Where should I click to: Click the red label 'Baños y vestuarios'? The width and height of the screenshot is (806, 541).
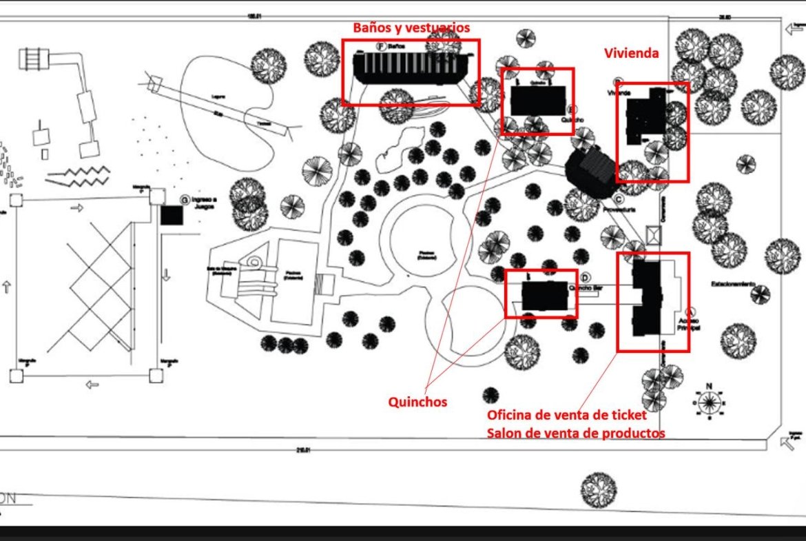point(411,28)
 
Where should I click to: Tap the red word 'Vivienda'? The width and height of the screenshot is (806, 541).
point(632,53)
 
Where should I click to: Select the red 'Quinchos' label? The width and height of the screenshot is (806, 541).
point(417,401)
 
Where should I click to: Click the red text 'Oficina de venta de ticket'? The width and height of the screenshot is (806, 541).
point(566,415)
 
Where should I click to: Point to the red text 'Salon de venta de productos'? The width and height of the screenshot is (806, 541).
point(576,433)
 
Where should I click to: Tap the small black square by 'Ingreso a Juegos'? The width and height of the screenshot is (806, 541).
point(172,214)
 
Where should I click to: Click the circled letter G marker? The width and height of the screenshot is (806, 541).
point(184,199)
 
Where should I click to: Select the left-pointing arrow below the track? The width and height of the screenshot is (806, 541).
point(91,384)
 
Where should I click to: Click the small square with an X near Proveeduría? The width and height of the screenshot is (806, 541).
point(652,234)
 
